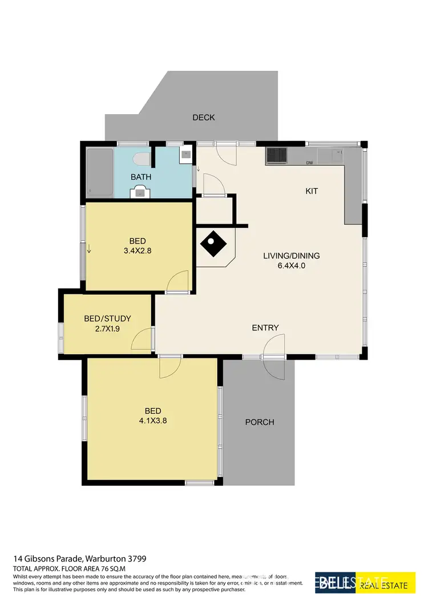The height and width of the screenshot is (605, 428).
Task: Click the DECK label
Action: click(204, 118)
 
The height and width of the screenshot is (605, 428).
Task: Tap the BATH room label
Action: click(141, 177)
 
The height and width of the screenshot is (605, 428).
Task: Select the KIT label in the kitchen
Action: click(311, 191)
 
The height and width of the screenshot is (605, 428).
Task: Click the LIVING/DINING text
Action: click(291, 256)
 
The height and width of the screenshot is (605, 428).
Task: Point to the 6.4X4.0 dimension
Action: click(291, 265)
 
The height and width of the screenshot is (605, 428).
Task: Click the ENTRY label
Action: click(265, 328)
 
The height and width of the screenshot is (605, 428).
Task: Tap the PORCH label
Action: click(260, 422)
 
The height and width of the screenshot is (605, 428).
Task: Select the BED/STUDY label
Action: click(107, 318)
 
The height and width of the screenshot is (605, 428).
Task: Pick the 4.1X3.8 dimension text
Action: click(152, 421)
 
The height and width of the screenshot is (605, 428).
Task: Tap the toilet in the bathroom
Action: click(141, 158)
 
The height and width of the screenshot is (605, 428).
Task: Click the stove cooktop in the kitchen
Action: click(277, 155)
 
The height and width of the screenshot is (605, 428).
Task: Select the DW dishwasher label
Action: click(310, 163)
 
